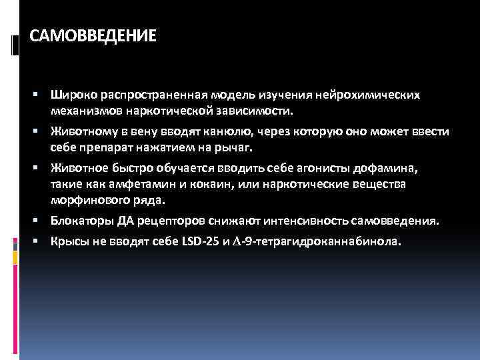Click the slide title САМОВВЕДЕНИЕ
pyautogui.click(x=93, y=34)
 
